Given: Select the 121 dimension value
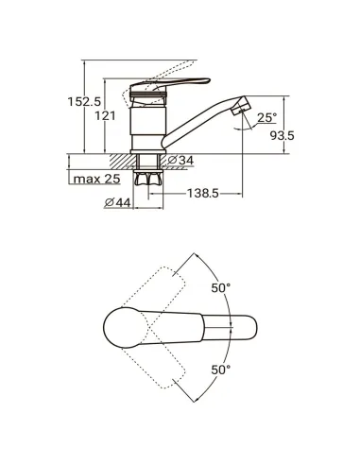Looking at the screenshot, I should coord(106,115).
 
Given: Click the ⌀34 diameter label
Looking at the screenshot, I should coord(182,162).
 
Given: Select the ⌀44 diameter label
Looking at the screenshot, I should coord(117,201).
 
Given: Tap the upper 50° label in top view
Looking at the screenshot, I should coord(221,287).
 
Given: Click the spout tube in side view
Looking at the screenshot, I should coord(203,122).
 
